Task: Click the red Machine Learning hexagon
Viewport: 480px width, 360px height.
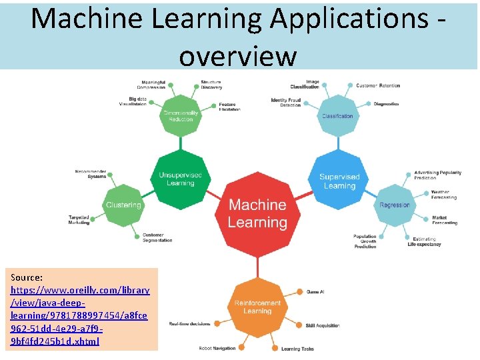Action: click(257, 214)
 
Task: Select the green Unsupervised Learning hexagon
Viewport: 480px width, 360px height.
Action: click(181, 179)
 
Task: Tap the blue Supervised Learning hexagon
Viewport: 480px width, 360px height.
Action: click(339, 181)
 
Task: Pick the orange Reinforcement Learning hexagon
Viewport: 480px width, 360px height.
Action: click(257, 307)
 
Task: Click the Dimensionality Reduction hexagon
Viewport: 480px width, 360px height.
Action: click(181, 115)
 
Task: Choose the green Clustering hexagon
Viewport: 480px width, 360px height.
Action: click(123, 205)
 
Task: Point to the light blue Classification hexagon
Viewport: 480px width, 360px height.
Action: click(337, 116)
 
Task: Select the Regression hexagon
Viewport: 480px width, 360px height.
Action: click(395, 205)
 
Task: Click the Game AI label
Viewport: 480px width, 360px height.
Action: click(315, 292)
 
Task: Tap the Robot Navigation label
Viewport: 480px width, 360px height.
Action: click(217, 348)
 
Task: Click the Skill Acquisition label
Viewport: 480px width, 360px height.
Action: click(323, 326)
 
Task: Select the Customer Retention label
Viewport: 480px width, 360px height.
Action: click(378, 85)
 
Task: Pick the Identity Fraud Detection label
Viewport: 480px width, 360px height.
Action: click(286, 103)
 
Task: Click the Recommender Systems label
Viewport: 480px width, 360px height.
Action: click(91, 174)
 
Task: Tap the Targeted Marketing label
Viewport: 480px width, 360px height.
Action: click(79, 220)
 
